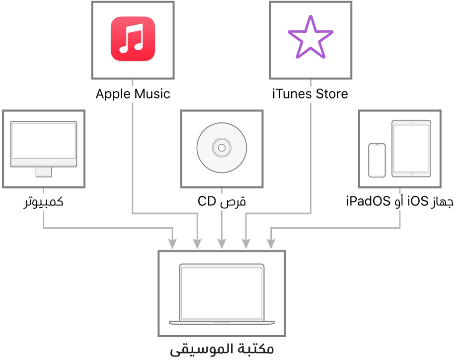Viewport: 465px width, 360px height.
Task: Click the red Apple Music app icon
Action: click(x=133, y=39)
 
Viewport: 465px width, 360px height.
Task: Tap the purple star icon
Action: click(x=310, y=38)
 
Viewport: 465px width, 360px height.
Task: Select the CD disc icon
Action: click(x=222, y=148)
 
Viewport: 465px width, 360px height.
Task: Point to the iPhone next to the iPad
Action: click(x=377, y=160)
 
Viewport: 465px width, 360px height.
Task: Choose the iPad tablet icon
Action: click(x=411, y=148)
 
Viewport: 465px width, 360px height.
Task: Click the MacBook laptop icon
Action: click(x=222, y=294)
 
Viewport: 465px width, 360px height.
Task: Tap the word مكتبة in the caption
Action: click(x=255, y=349)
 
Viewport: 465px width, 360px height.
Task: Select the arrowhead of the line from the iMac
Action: click(x=172, y=244)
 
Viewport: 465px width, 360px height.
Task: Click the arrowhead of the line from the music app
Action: click(x=197, y=244)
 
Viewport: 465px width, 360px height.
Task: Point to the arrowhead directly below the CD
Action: click(x=222, y=244)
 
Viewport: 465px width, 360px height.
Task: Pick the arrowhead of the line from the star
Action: click(x=246, y=244)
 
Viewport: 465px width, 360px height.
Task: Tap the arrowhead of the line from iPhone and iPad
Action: click(x=270, y=244)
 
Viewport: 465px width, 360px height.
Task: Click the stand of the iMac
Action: click(x=44, y=172)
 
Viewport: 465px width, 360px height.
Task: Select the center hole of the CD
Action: click(x=222, y=148)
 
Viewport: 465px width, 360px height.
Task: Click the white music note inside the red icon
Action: click(x=133, y=38)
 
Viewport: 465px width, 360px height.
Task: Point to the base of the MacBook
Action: click(x=222, y=323)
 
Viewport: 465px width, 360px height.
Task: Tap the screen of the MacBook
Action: click(x=222, y=292)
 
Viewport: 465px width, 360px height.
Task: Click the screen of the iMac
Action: click(x=44, y=141)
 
